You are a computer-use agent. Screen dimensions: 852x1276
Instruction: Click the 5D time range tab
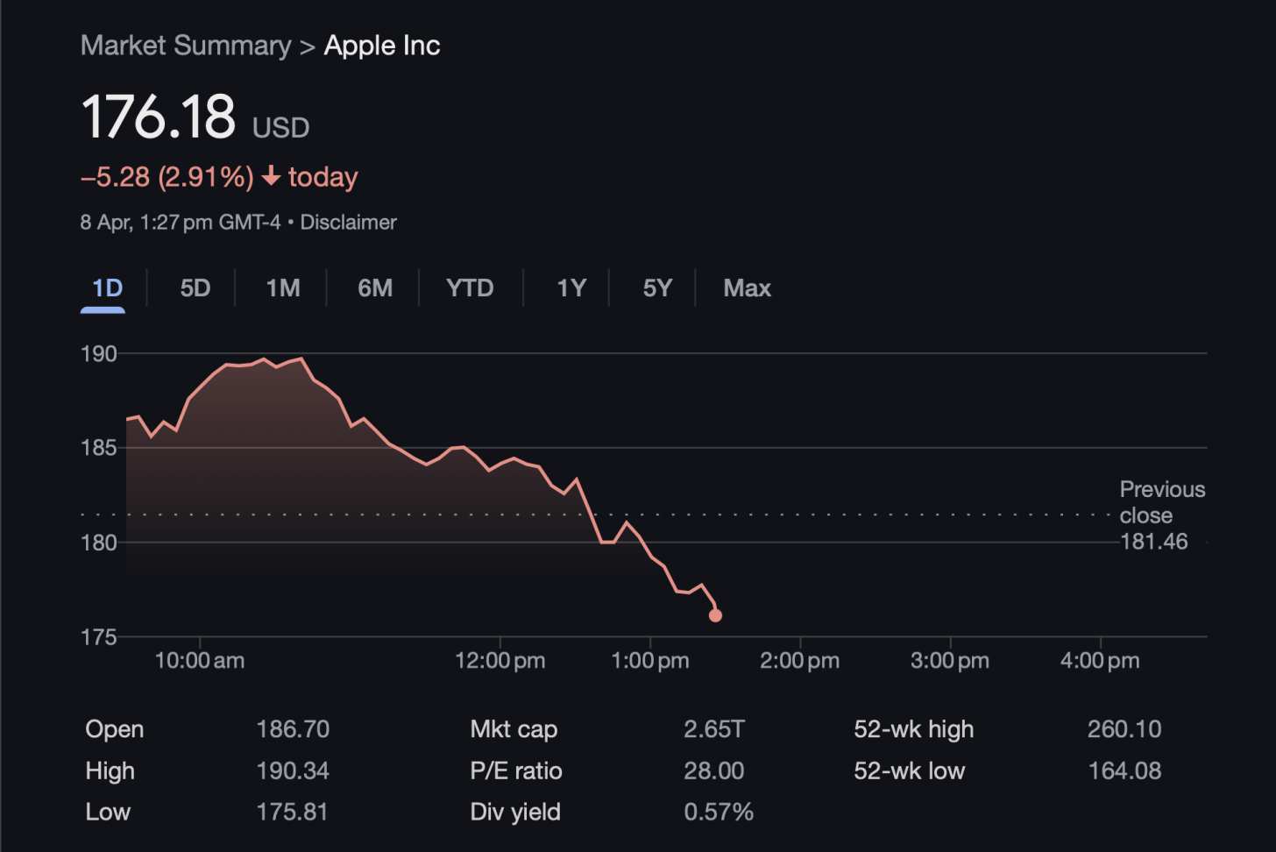tap(195, 288)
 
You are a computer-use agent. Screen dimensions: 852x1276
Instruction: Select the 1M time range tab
tap(283, 288)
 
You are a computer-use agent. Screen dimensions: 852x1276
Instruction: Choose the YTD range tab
tap(470, 288)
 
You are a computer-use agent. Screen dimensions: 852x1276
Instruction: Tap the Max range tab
tap(747, 288)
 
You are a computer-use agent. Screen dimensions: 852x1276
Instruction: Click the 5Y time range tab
tap(657, 288)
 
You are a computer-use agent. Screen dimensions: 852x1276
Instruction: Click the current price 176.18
tap(159, 117)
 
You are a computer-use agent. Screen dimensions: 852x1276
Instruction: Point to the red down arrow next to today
tap(272, 176)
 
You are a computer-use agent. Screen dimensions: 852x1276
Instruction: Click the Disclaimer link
tap(348, 223)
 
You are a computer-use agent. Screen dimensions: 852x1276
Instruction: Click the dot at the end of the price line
tap(715, 615)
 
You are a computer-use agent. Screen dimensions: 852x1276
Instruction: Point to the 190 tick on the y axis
tap(98, 354)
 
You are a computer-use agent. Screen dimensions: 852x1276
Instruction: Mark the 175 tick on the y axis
tap(98, 637)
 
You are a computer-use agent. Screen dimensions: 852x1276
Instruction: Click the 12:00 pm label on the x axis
tap(500, 661)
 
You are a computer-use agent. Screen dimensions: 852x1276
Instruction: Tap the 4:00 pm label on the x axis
tap(1100, 661)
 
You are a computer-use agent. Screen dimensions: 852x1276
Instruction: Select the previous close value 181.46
tap(1153, 542)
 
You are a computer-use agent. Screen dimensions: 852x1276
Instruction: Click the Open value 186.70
tap(293, 729)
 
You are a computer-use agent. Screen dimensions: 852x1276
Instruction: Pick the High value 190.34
tap(293, 771)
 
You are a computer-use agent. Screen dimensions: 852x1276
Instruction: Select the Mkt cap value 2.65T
tap(714, 729)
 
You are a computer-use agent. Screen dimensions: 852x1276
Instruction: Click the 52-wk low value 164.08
tap(1124, 771)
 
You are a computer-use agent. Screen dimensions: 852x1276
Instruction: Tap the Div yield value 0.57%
tap(719, 813)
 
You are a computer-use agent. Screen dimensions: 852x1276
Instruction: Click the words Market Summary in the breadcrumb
tap(186, 46)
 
